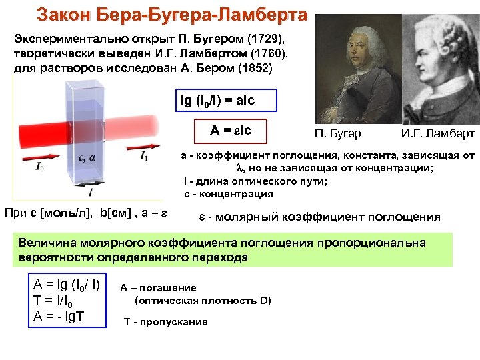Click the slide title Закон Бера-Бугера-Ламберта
point(172,14)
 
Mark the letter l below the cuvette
point(89,191)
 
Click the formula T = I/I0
point(58,300)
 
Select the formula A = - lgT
point(59,315)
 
